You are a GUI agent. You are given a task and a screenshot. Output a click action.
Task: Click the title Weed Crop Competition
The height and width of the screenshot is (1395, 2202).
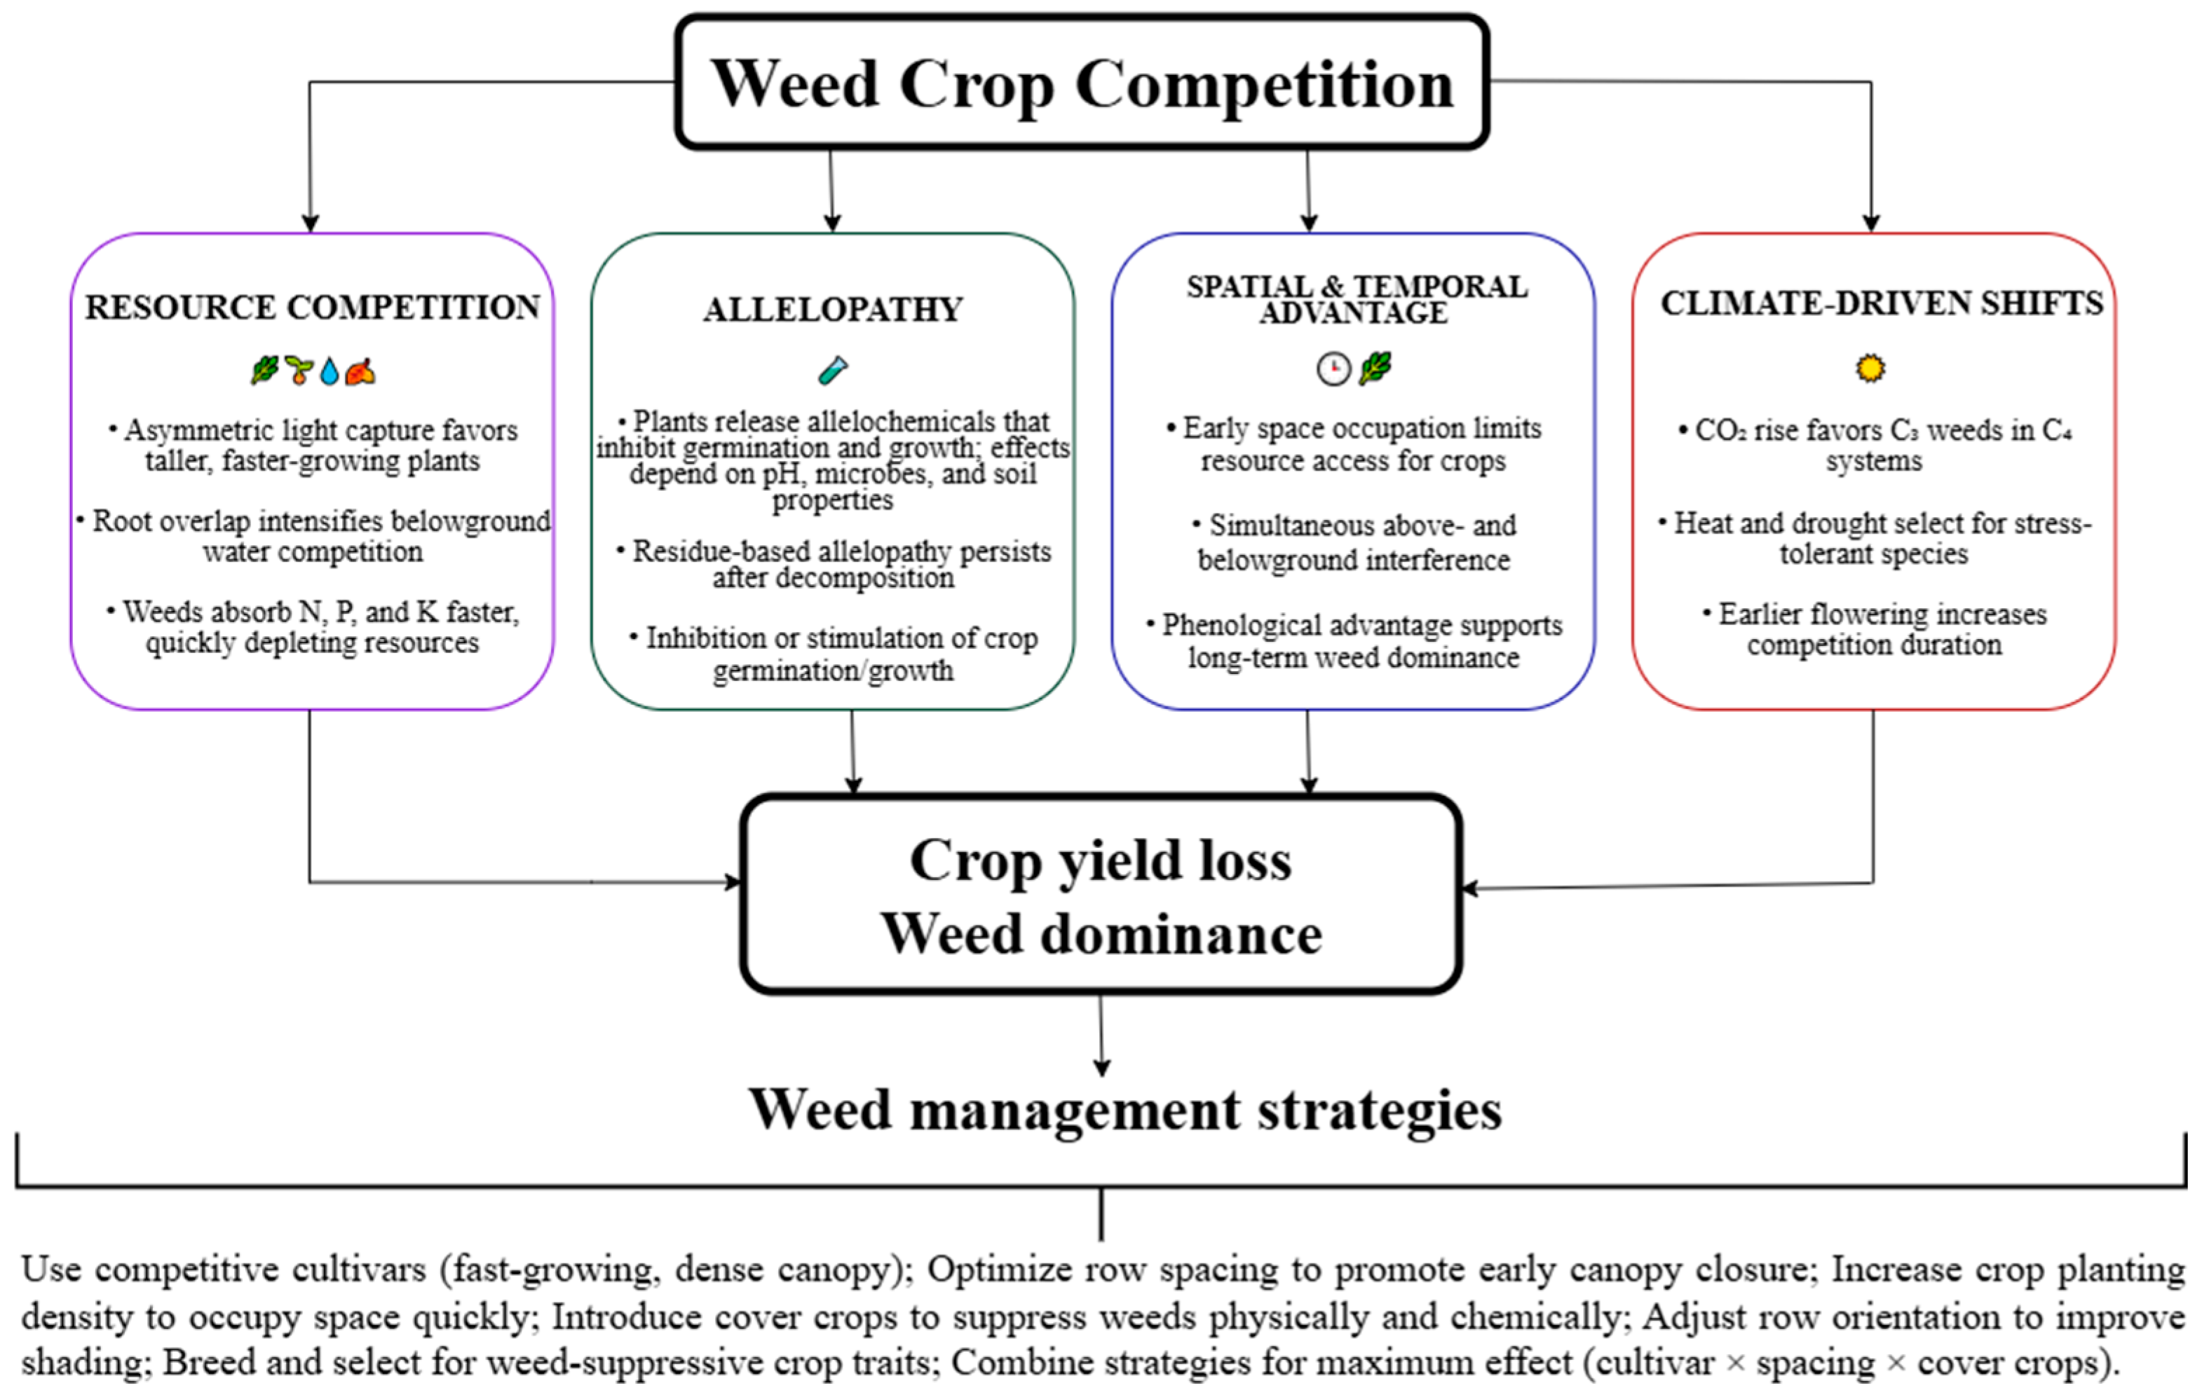point(1082,84)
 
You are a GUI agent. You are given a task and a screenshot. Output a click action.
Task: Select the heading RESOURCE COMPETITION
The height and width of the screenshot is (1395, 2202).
point(312,307)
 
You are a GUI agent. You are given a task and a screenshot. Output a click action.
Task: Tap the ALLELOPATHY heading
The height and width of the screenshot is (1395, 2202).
point(832,309)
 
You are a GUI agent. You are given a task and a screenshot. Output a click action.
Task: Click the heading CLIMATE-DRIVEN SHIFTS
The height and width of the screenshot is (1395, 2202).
point(1881,303)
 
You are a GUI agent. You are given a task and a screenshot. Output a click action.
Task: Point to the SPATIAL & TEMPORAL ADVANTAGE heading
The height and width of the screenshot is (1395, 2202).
point(1356,299)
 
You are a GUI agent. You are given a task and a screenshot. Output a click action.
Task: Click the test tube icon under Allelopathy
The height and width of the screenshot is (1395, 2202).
point(832,370)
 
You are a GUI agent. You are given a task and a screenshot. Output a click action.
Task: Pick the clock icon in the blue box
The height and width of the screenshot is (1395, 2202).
point(1333,369)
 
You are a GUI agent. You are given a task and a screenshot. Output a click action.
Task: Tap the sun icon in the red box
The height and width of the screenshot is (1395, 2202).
point(1870,369)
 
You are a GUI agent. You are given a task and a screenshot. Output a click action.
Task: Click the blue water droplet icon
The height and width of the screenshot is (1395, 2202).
point(330,371)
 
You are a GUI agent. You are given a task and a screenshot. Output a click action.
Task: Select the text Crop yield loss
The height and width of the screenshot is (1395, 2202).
point(1100,860)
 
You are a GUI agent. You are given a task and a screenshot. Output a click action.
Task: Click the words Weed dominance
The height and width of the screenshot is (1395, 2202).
point(1100,934)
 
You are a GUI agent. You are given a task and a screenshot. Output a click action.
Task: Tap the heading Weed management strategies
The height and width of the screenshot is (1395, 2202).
point(1124,1110)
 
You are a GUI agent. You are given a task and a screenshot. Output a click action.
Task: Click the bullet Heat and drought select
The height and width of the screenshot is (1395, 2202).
point(1875,537)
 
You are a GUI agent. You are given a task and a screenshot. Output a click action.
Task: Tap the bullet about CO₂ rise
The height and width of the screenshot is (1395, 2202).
point(1875,445)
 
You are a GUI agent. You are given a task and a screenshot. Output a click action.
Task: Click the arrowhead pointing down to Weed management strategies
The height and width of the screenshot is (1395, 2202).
point(1102,1067)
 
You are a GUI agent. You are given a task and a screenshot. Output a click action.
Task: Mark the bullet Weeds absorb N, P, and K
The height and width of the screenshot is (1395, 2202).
point(313,627)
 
